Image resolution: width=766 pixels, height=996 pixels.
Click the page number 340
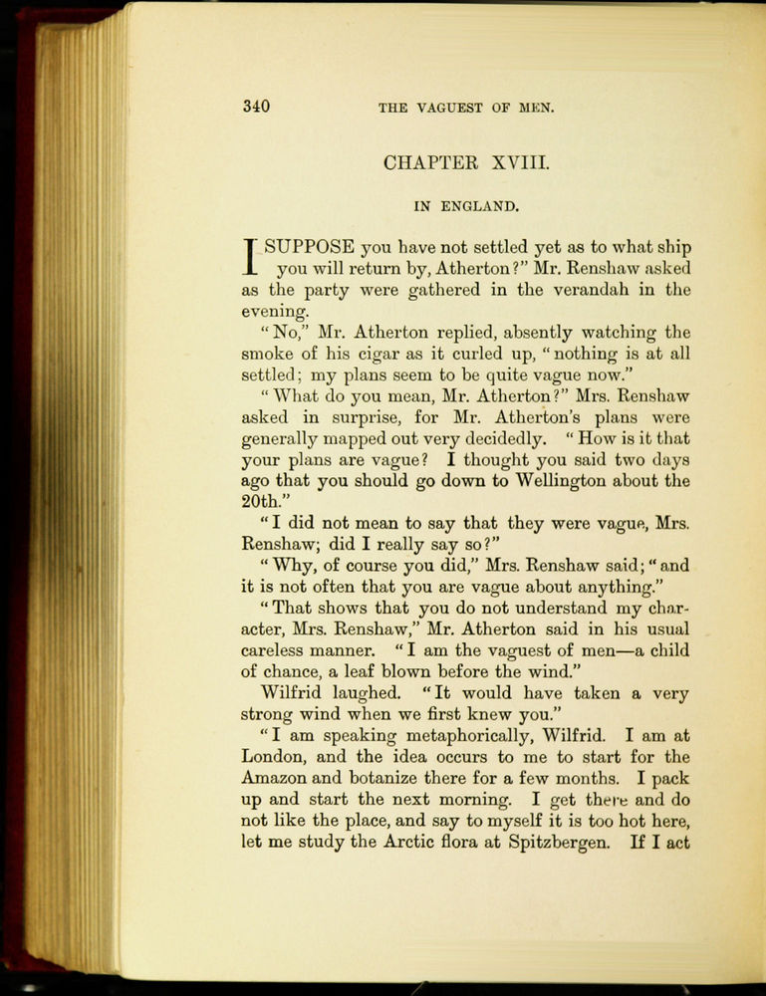(x=256, y=107)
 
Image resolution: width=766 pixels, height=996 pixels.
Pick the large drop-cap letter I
(x=251, y=257)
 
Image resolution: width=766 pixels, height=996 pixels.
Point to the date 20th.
(x=263, y=502)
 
